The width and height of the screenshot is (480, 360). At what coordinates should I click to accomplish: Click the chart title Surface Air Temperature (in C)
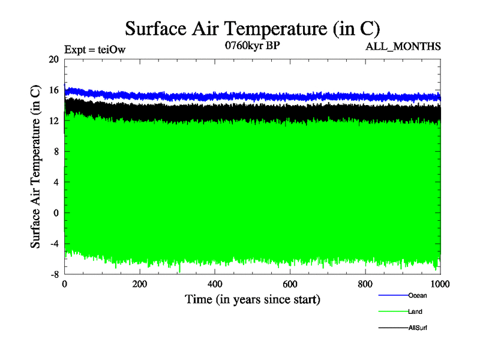pos(253,28)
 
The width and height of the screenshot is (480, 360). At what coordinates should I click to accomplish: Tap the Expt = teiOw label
pos(94,50)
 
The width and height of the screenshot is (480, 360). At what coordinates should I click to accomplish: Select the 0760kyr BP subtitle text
pos(253,45)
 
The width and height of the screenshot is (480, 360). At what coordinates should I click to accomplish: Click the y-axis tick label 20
pos(54,59)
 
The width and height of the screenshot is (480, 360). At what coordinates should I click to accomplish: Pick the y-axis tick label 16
pos(54,90)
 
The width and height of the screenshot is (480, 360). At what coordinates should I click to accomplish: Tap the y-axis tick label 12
pos(54,121)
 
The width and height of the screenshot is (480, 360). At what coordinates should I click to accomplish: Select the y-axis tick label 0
pos(56,212)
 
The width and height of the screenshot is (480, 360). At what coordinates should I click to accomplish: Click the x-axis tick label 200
pos(140,284)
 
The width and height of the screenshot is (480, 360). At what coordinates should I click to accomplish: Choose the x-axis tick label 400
pos(215,284)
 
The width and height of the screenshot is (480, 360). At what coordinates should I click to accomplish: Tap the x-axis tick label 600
pos(290,284)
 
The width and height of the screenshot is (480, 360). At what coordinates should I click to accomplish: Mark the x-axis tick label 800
pos(365,284)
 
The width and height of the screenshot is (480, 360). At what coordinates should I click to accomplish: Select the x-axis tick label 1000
pos(440,284)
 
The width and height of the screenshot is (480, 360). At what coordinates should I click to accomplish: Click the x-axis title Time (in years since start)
pos(253,299)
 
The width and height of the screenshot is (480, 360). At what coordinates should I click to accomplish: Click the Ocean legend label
pos(418,295)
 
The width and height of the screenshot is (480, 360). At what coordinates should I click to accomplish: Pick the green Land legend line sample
pos(393,312)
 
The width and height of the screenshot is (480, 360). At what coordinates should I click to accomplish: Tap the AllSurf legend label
pos(418,328)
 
